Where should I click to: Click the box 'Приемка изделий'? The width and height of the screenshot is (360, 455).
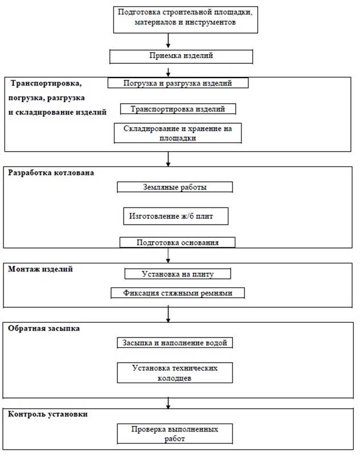point(181,56)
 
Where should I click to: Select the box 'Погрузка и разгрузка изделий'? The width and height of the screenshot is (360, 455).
point(178,83)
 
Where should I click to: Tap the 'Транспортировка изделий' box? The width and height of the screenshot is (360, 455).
point(178,109)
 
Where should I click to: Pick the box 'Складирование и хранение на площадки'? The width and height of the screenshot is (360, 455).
point(178,133)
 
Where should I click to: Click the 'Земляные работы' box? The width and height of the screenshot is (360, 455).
point(175,187)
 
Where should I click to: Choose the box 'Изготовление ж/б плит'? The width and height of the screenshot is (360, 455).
point(175,216)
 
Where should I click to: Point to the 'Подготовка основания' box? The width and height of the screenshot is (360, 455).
point(177,242)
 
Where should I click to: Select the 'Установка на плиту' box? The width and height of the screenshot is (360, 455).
point(178,274)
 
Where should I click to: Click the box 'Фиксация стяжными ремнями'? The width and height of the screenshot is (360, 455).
point(178,293)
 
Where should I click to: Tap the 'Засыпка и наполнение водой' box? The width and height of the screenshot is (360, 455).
point(175,343)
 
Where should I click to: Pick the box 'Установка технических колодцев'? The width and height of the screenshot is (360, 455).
point(175,372)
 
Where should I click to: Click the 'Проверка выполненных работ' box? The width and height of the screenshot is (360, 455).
point(175,433)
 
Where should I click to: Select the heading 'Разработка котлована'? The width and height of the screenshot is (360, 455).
point(51,173)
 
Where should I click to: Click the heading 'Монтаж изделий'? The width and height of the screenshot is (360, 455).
point(40,269)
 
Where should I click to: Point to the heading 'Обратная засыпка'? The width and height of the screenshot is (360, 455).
point(44,328)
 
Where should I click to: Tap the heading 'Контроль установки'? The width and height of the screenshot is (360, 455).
point(48,414)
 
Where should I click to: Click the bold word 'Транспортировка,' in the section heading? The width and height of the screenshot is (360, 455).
point(46,84)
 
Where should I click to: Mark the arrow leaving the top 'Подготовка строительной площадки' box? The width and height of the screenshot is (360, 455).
point(168,40)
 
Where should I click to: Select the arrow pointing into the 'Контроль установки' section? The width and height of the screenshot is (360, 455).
point(168,403)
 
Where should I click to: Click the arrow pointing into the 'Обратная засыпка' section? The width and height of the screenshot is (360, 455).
point(168,315)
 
